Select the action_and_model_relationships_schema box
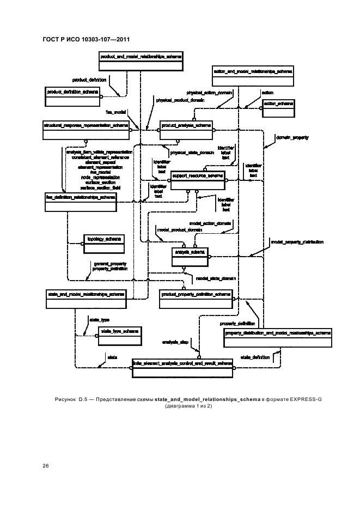pyautogui.click(x=253, y=76)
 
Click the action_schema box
pyautogui.click(x=278, y=108)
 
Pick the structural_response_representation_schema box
pyautogui.click(x=86, y=129)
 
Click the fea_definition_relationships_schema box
pyautogui.click(x=81, y=201)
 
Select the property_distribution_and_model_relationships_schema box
pyautogui.click(x=278, y=337)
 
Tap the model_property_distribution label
pyautogui.click(x=297, y=241)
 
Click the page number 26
pyautogui.click(x=45, y=465)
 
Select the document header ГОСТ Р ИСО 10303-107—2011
pyautogui.click(x=86, y=39)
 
